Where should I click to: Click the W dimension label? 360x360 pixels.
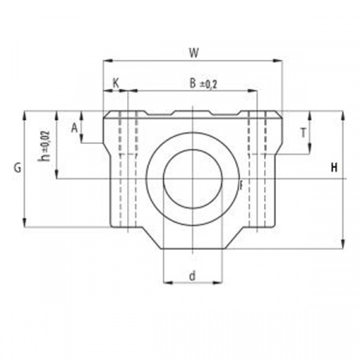point(194,53)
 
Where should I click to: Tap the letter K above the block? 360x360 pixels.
point(116,83)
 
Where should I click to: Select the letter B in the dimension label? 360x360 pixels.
point(193,83)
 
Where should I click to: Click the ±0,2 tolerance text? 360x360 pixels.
point(208,85)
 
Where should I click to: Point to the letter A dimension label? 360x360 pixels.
point(74,128)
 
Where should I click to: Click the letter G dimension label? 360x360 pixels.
point(18,168)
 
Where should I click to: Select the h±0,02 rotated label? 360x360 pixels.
point(45,146)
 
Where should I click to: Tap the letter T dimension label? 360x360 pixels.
point(303,133)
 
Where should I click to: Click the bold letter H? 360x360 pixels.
point(334,168)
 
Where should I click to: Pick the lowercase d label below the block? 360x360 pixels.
point(192,276)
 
